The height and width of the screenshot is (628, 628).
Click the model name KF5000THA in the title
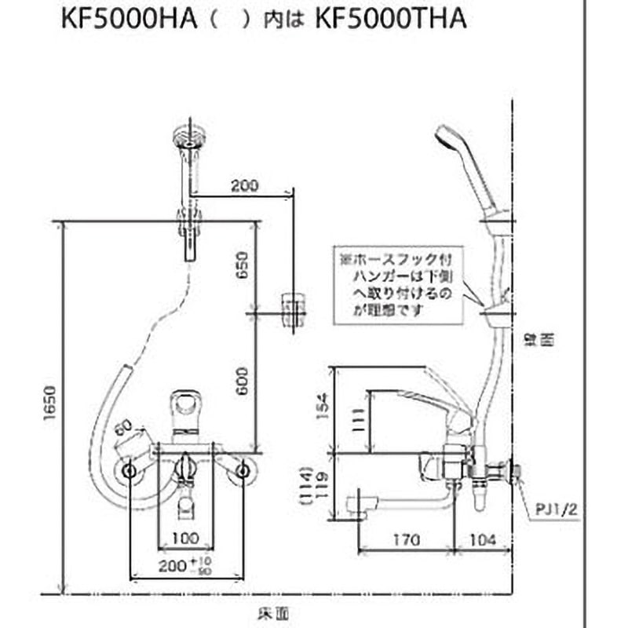pos(390,20)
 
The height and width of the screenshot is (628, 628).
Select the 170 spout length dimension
pos(407,540)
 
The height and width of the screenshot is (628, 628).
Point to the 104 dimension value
pos(484,540)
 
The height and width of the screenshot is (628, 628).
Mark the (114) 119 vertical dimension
pos(316,487)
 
